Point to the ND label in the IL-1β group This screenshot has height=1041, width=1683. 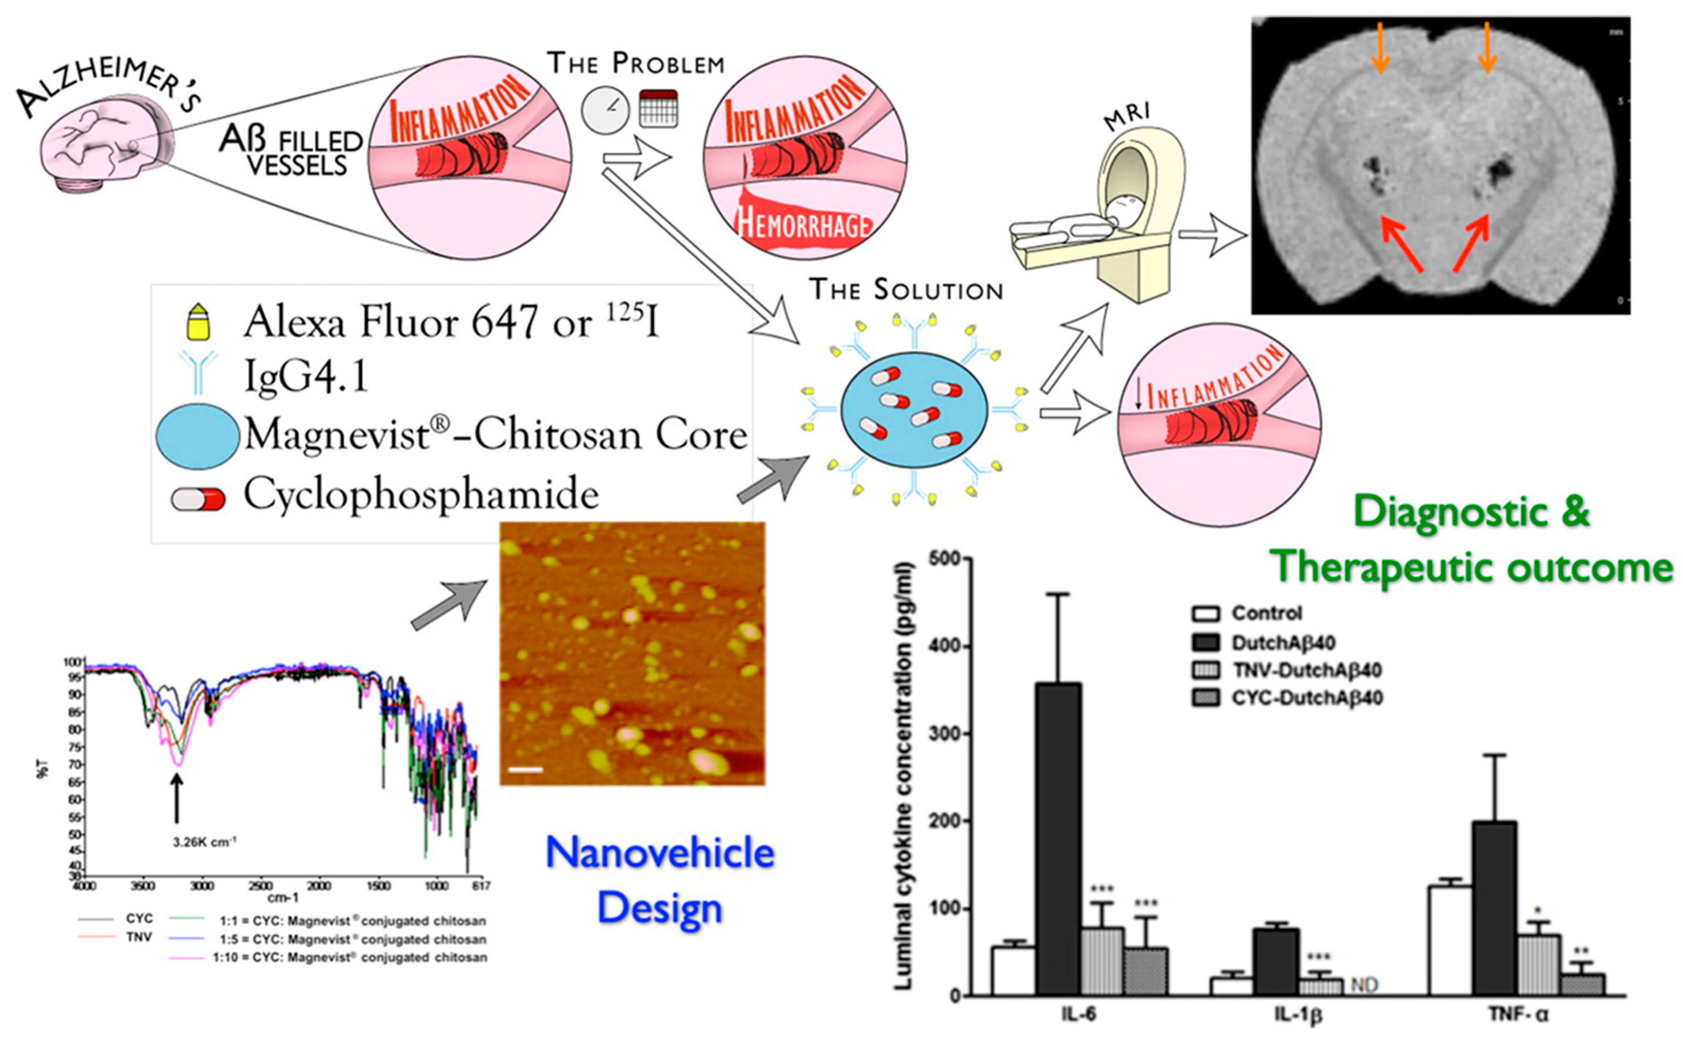pyautogui.click(x=1364, y=985)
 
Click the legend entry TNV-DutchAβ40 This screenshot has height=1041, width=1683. pyautogui.click(x=1305, y=670)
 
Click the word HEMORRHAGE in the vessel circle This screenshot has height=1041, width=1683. pyautogui.click(x=803, y=224)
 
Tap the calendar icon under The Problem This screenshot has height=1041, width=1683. pyautogui.click(x=658, y=108)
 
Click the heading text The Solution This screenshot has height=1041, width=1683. pyautogui.click(x=905, y=290)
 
